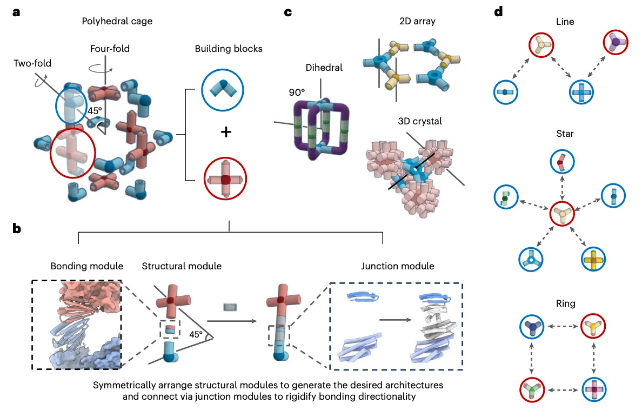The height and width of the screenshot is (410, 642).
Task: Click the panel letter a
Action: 16,12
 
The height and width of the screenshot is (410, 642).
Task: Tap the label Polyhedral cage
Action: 117,21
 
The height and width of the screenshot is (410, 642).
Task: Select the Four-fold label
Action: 110,48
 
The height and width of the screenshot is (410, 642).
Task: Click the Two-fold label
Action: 32,63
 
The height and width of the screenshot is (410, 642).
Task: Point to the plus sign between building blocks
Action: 226,132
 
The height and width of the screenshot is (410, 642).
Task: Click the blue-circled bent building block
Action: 223,90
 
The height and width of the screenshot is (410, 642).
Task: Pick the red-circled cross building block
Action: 225,178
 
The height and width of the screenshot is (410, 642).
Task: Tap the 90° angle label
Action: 297,92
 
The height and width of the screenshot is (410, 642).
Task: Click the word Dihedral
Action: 324,68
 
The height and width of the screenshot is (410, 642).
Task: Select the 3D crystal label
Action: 420,121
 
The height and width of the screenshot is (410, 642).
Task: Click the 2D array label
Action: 417,21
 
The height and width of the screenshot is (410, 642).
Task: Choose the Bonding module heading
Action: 87,266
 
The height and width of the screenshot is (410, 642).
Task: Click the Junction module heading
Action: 398,266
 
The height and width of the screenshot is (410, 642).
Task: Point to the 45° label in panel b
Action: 196,335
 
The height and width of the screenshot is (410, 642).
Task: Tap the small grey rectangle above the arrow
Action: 230,307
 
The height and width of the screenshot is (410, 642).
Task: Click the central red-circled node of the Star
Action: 562,214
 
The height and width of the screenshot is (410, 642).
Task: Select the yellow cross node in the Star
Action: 593,259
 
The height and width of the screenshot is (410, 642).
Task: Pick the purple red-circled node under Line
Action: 616,42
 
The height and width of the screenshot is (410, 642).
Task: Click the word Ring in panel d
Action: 565,303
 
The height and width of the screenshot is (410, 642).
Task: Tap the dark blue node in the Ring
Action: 532,327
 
